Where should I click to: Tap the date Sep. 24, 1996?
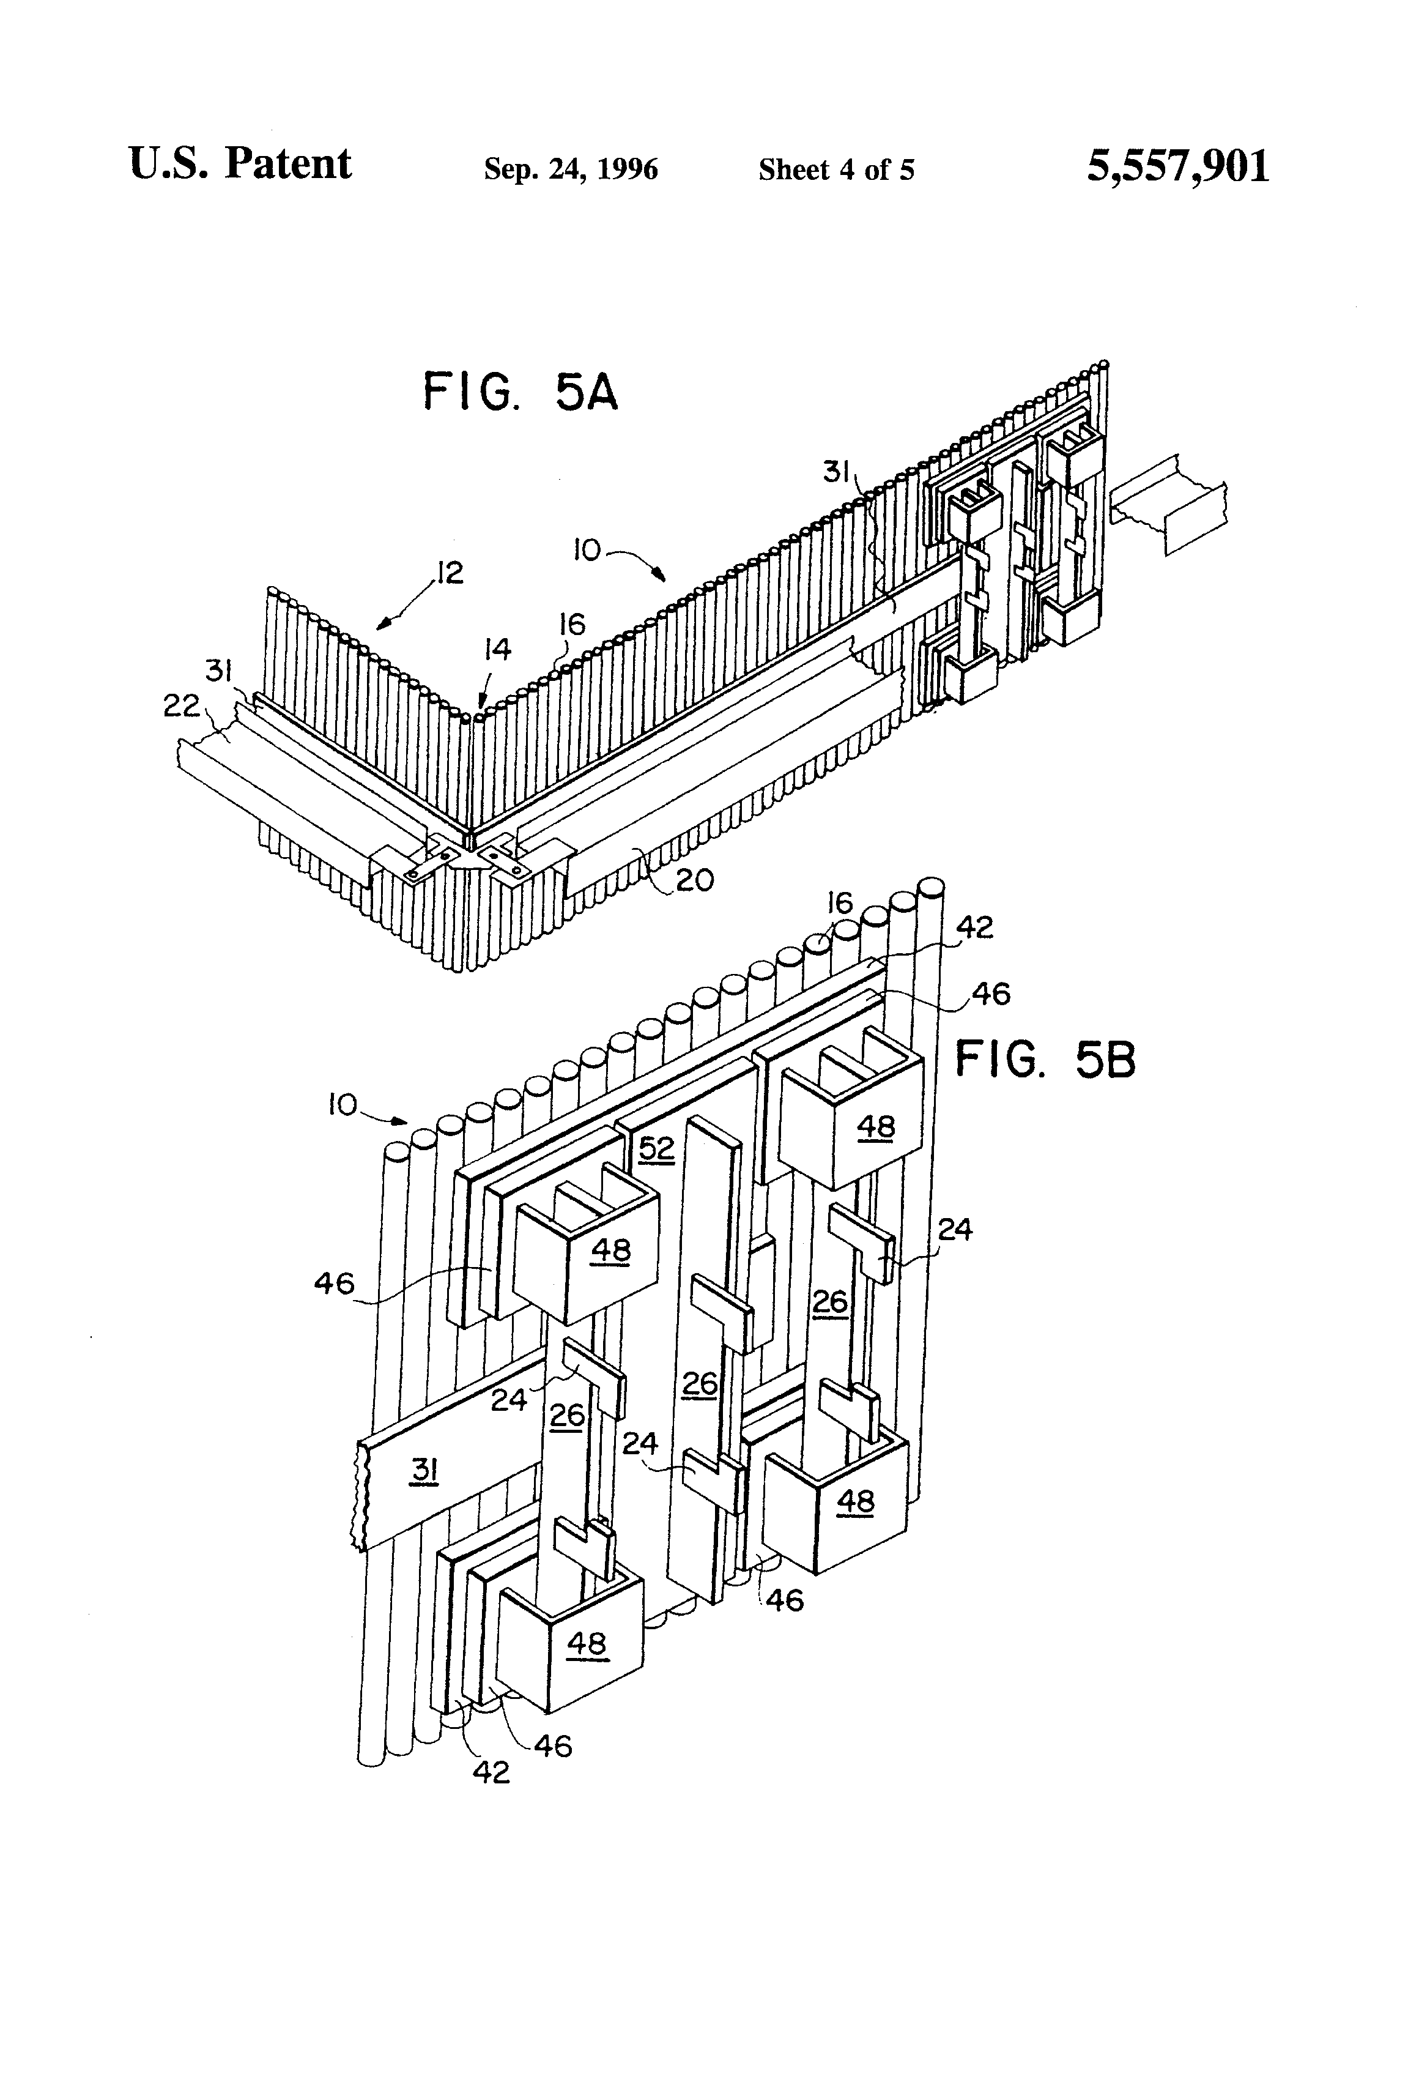[571, 169]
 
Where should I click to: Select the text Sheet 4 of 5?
[836, 169]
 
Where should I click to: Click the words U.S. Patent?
[240, 164]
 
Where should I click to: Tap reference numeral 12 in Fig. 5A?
[450, 573]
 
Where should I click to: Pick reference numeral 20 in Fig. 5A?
[694, 880]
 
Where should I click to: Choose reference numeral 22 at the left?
[180, 707]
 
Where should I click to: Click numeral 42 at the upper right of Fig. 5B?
[975, 927]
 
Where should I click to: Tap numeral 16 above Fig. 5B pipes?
[840, 902]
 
